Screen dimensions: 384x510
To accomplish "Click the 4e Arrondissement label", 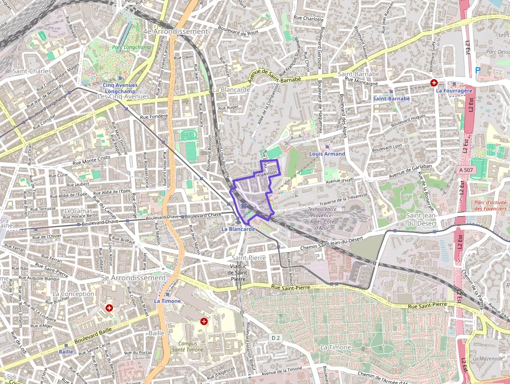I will click(175, 31).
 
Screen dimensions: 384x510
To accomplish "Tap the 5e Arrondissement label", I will click(133, 278).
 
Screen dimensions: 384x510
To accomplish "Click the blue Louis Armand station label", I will click(327, 154).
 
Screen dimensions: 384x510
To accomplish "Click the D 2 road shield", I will click(276, 338).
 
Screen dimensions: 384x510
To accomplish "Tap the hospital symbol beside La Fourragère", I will click(433, 83).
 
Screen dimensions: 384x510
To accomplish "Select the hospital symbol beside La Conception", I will click(109, 308).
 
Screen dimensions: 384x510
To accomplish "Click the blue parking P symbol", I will click(478, 70).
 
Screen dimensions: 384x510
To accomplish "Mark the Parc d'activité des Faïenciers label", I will click(491, 205).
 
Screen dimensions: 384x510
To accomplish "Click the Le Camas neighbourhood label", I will click(75, 210).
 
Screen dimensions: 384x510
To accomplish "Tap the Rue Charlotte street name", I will click(312, 19).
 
